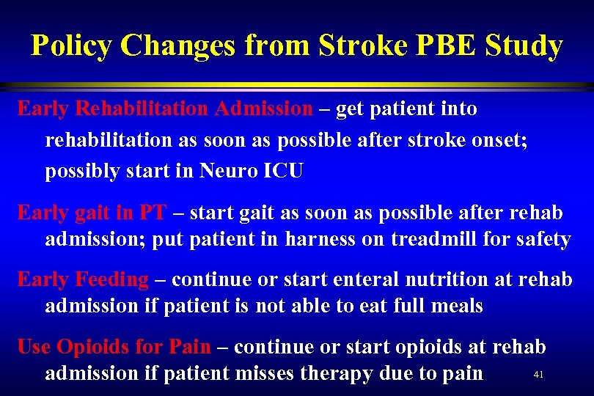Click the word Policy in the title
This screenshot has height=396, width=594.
point(72,46)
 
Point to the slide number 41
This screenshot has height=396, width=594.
point(538,375)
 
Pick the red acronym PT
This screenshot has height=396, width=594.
point(152,213)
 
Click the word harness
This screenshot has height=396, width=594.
point(321,240)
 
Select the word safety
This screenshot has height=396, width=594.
point(542,240)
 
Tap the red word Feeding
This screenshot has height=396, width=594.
point(112,279)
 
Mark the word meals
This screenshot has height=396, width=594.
point(454,306)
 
